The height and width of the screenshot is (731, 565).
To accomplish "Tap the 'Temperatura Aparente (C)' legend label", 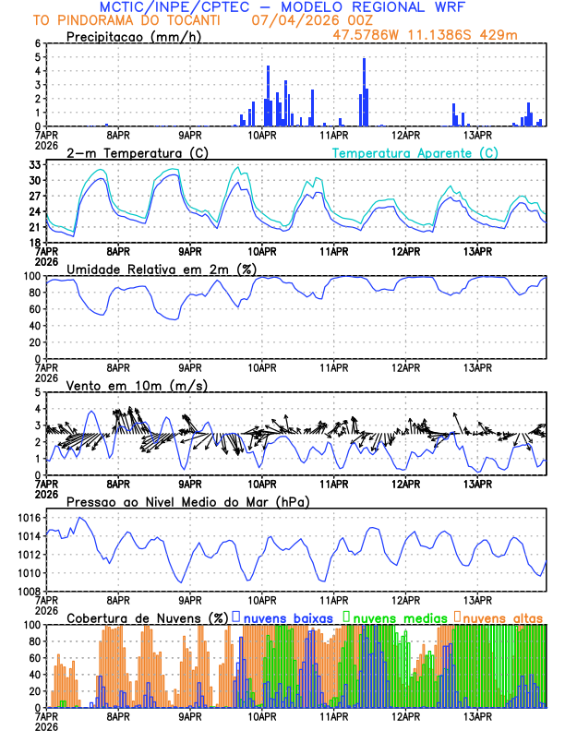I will [415, 152].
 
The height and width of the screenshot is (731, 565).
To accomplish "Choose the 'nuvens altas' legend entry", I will [504, 617].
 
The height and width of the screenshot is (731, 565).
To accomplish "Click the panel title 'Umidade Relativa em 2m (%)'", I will [160, 269].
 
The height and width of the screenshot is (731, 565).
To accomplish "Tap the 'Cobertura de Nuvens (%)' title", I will [147, 617].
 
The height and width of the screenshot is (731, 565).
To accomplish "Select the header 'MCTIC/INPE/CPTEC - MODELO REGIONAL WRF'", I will [282, 6].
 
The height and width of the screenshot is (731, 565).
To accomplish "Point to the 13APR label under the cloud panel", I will [477, 715].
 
